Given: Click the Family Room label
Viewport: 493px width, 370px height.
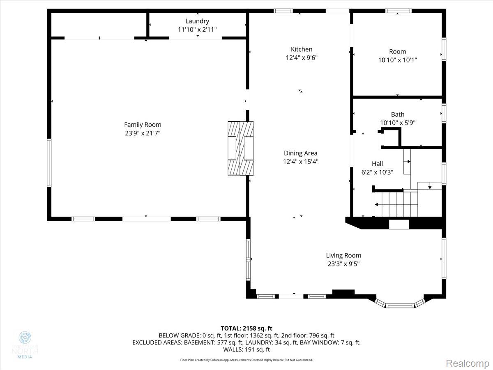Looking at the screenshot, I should tap(143, 125).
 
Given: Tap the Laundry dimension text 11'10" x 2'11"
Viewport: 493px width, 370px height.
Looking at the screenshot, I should tap(197, 29).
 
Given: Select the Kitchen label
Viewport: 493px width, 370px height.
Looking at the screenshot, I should tap(302, 49).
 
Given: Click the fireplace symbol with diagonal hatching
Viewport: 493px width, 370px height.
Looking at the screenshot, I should tap(241, 149).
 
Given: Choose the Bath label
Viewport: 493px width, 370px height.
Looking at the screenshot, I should tap(397, 114).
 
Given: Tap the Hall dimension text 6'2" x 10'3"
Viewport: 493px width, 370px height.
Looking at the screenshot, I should tap(377, 172).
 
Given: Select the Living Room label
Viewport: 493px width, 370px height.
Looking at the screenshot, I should tap(343, 255).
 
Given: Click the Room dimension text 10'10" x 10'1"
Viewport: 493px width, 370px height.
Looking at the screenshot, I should tap(397, 60).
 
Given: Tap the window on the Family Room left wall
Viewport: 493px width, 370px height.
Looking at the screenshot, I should tap(49, 163).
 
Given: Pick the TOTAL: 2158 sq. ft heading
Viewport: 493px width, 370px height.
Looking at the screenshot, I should tap(246, 328).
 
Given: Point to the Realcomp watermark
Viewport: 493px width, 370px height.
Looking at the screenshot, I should tap(467, 363).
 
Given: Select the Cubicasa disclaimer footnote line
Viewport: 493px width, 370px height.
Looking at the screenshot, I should tap(246, 360).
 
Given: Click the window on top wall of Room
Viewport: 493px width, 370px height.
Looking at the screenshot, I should tap(398, 11).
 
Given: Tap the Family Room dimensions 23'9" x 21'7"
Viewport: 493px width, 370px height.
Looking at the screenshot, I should tap(143, 133).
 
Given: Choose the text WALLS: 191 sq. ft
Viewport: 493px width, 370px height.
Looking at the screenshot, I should tap(246, 349).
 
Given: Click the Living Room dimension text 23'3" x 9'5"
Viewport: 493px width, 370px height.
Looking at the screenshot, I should tap(343, 264).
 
